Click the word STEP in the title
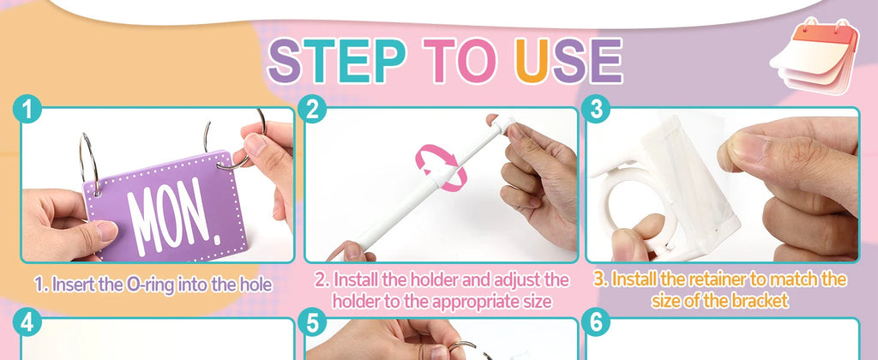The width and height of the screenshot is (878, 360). coord(337,61)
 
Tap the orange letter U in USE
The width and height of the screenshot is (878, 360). coord(532,61)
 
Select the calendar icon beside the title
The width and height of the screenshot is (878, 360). coord(815,56)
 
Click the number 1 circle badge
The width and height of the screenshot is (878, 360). coord(27,109)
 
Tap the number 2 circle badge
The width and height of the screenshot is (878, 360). coord(312,109)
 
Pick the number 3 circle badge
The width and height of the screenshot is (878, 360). coord(596,109)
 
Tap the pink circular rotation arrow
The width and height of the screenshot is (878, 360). coord(441,167)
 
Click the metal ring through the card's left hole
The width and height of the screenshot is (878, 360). coord(89,162)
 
